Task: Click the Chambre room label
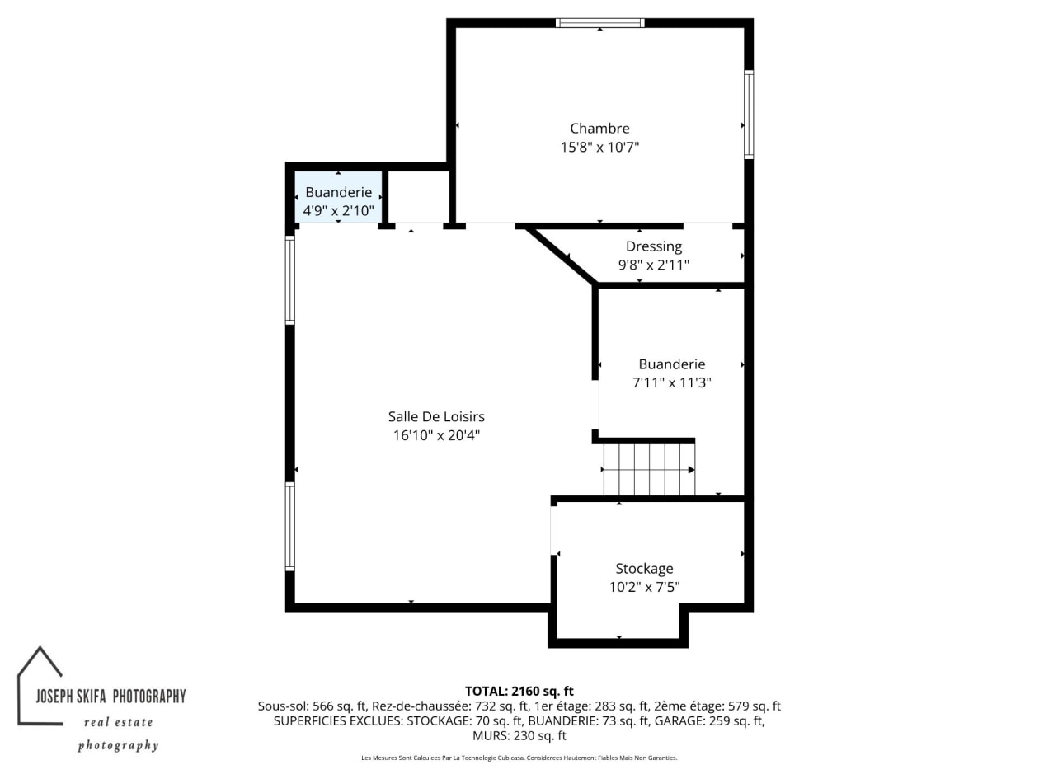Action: point(599,128)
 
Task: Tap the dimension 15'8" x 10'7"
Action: point(599,147)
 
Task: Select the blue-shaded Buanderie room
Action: point(338,197)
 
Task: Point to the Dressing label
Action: point(654,246)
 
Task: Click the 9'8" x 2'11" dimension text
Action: point(654,265)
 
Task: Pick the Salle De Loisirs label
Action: point(436,416)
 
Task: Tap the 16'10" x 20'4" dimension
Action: point(436,435)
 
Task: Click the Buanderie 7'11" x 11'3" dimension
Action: point(672,382)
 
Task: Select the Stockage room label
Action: point(644,569)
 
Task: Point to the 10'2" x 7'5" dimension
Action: point(644,587)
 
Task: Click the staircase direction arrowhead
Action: point(691,470)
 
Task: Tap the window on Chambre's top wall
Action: point(599,23)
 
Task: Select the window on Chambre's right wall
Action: point(749,115)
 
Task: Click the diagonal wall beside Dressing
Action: point(561,256)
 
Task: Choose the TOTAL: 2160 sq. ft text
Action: point(519,691)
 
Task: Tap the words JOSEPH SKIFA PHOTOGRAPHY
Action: point(110,697)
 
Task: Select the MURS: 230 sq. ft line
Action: point(519,736)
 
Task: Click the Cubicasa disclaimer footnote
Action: point(519,758)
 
